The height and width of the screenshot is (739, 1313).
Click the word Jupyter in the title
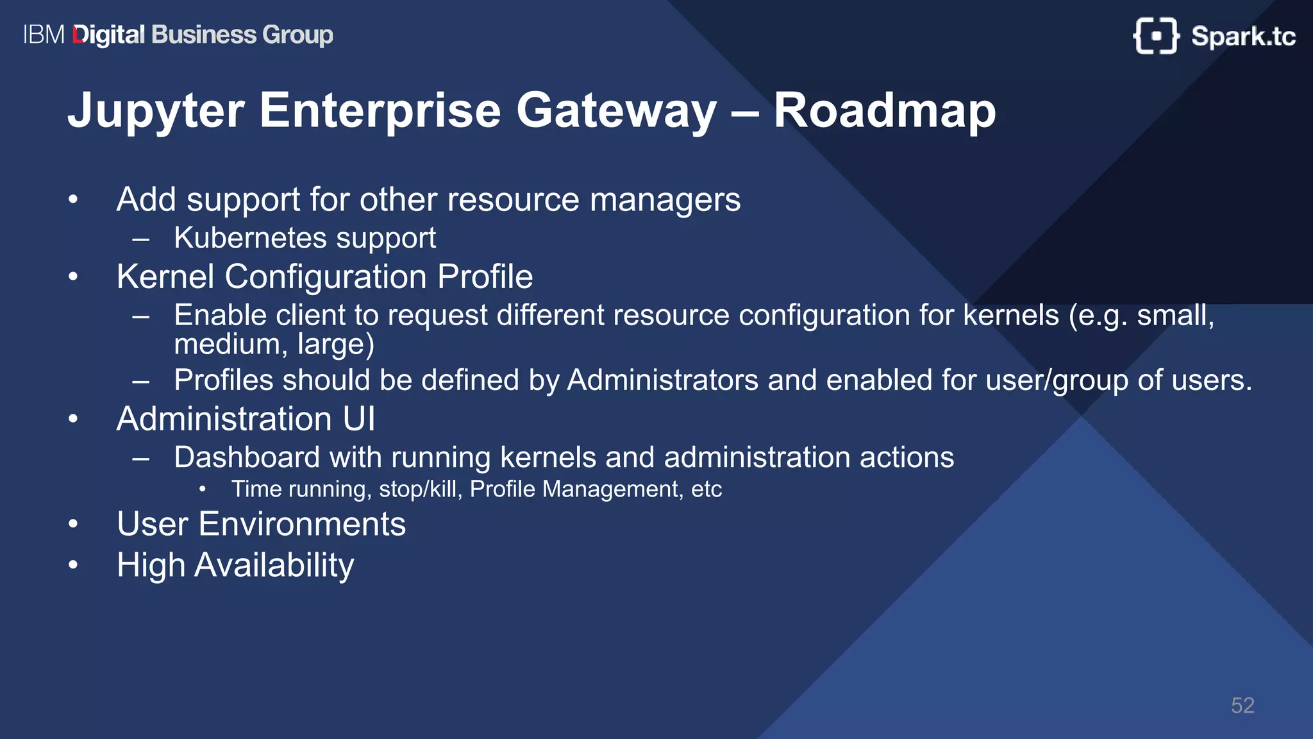pos(156,111)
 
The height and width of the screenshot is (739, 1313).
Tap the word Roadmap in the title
pos(884,111)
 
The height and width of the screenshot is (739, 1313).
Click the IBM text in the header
pos(44,35)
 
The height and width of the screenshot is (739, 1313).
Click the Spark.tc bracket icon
pos(1155,36)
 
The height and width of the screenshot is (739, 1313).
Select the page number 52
pos(1242,706)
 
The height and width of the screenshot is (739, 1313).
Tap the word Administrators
pos(663,380)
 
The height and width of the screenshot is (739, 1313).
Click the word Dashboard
pos(247,457)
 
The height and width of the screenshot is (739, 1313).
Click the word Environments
pos(302,524)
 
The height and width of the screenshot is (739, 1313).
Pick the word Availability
pos(274,566)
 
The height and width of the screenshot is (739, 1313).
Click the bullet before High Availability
pos(73,565)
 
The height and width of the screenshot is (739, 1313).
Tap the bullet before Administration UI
pos(73,420)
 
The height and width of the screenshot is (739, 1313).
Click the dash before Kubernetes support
pos(140,240)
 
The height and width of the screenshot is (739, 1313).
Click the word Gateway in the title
pos(615,111)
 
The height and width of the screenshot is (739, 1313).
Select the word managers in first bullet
pos(665,200)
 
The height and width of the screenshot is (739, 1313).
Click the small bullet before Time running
pos(203,490)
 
